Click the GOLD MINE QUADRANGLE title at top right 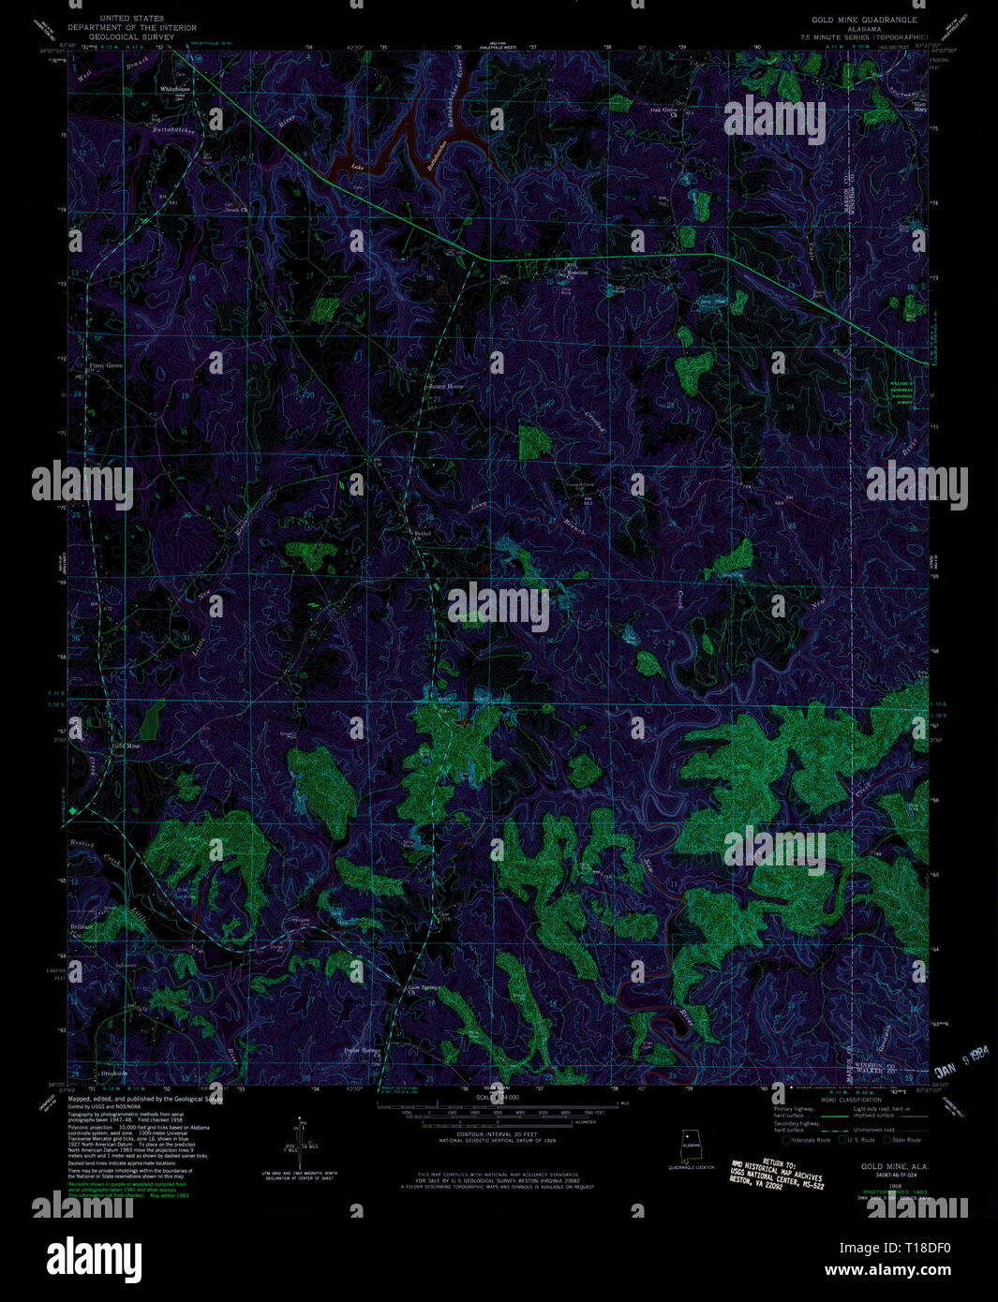tap(864, 19)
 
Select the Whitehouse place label tap(174, 89)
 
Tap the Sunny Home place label tap(446, 386)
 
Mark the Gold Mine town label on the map tap(126, 746)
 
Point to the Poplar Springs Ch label tap(362, 1051)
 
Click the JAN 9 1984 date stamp tap(963, 1062)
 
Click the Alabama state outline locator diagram tap(692, 1147)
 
